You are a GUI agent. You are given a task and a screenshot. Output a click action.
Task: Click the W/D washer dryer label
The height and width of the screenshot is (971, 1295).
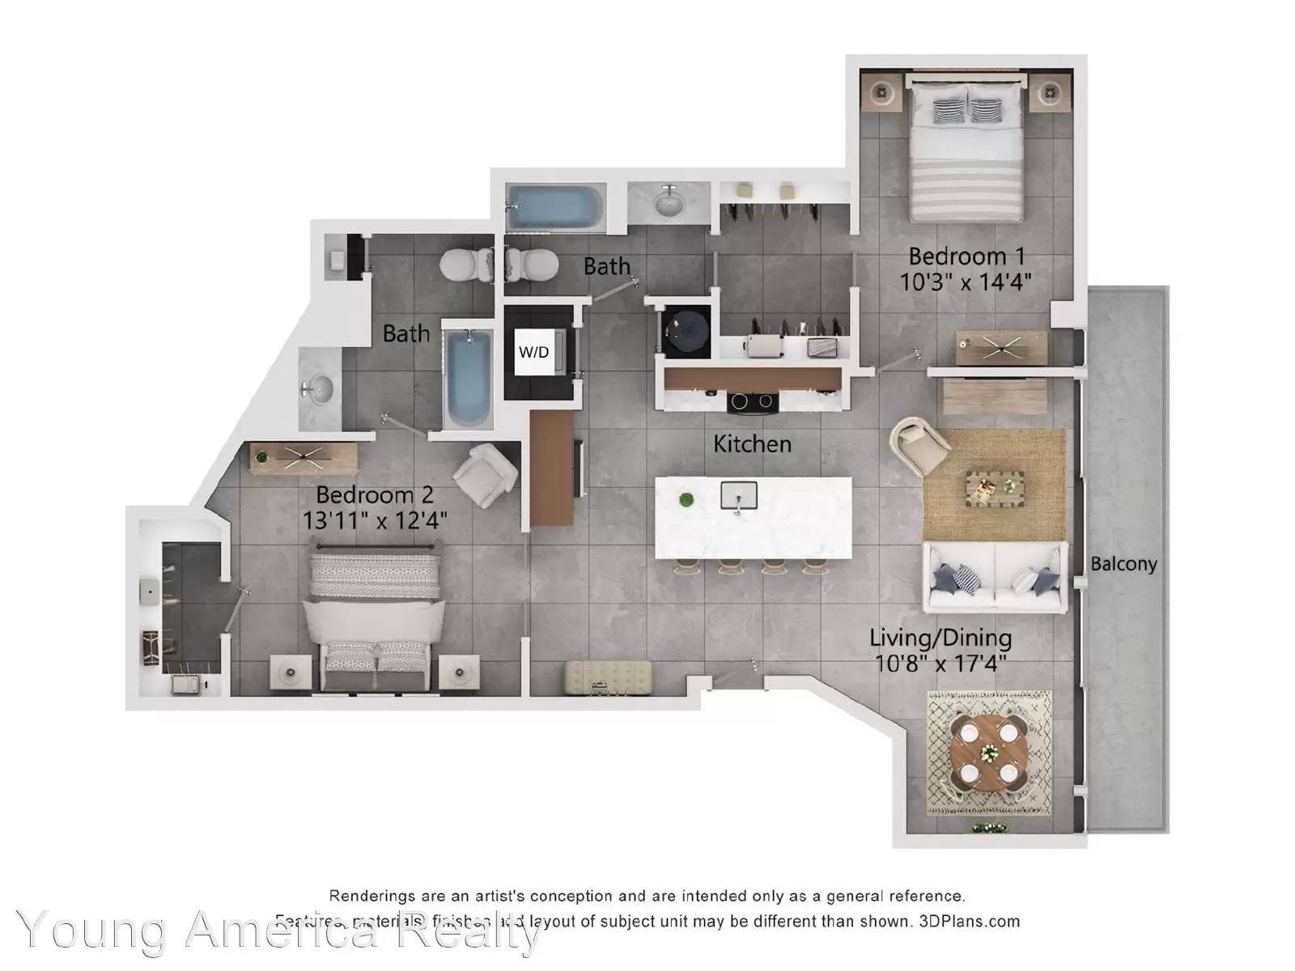point(533,352)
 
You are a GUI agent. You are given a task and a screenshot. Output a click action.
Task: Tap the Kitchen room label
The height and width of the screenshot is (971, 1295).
point(752,443)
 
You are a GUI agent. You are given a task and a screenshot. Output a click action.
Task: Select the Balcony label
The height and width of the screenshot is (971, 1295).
point(1123,564)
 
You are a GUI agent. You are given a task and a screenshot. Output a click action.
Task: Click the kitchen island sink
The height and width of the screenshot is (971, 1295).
point(738,495)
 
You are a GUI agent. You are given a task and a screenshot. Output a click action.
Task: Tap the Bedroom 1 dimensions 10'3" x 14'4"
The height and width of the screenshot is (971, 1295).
point(966,282)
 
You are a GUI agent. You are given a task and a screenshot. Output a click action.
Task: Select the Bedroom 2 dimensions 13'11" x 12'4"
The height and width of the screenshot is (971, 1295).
point(375,519)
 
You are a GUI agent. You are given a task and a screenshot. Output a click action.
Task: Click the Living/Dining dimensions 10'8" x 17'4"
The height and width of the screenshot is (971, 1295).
point(940,664)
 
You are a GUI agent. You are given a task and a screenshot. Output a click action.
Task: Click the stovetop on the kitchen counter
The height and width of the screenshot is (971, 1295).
point(753,401)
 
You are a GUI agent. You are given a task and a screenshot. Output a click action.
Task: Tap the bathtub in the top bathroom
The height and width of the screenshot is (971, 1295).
point(555,207)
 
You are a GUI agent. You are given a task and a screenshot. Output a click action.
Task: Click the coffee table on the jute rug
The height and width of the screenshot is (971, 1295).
point(994,488)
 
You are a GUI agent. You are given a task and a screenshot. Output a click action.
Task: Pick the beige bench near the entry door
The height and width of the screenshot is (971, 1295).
point(608,677)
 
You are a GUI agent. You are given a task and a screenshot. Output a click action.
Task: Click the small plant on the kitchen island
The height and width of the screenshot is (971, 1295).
point(686,499)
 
